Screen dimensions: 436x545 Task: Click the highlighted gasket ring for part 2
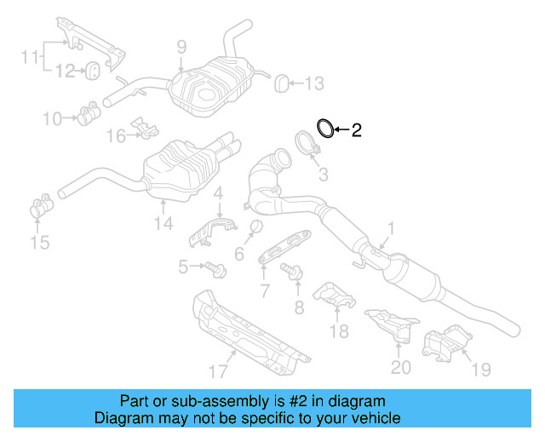click(324, 129)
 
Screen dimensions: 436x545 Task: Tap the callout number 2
click(357, 130)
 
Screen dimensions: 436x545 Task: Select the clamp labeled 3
click(309, 143)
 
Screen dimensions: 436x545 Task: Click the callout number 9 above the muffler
click(181, 48)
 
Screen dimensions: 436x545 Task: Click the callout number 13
click(314, 83)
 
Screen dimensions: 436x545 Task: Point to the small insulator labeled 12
click(91, 69)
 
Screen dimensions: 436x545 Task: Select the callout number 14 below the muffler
click(163, 224)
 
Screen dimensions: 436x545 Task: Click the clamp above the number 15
click(38, 208)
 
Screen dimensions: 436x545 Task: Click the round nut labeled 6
click(252, 226)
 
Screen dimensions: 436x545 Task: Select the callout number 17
click(218, 370)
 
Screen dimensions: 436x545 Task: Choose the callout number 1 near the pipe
click(392, 228)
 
